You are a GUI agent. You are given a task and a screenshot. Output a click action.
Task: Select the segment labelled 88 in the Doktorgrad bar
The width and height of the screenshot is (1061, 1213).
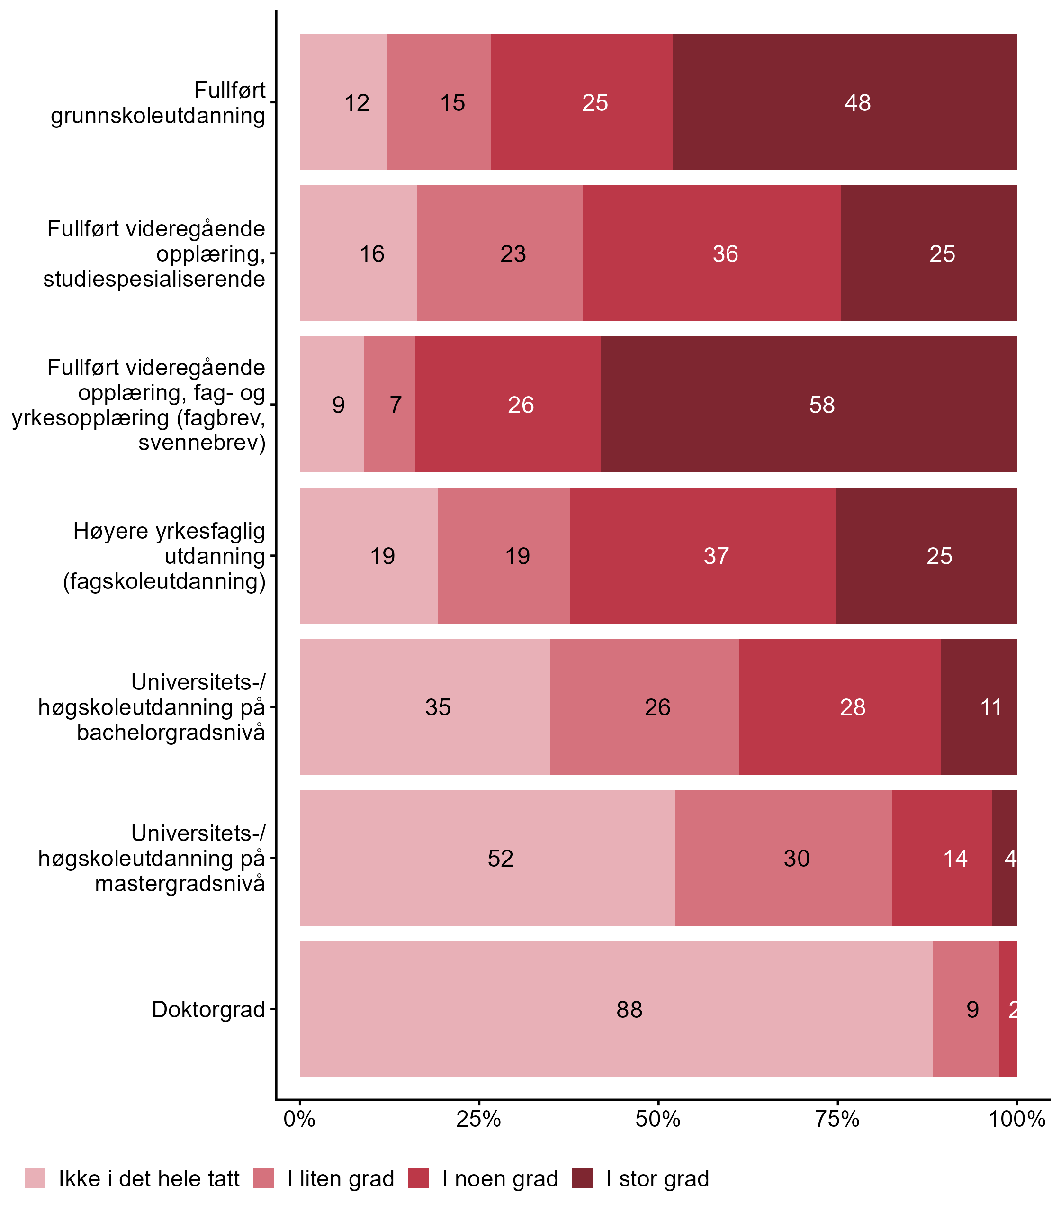click(x=616, y=1009)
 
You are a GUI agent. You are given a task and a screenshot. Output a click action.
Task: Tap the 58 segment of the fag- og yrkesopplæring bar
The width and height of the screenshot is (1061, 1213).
click(x=809, y=405)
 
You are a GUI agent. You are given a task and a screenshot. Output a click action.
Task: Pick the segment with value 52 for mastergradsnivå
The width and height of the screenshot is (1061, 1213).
click(x=487, y=858)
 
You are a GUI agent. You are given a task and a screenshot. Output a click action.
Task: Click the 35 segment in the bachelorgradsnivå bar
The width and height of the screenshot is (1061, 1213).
click(x=424, y=707)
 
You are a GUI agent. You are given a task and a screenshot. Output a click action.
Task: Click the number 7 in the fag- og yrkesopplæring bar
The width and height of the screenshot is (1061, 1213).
click(x=396, y=405)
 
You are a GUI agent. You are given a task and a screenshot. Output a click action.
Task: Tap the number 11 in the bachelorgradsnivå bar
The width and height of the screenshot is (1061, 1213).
click(x=990, y=707)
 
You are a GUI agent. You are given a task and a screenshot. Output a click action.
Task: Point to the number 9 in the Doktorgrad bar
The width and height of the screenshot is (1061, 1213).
click(x=972, y=1009)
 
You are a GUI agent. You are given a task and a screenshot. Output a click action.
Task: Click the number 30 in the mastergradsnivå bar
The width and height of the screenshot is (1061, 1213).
click(x=796, y=858)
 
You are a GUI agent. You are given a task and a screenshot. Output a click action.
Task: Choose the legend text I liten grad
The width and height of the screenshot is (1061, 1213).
click(x=341, y=1179)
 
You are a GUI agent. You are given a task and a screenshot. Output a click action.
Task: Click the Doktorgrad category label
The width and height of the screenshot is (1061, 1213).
click(x=208, y=1009)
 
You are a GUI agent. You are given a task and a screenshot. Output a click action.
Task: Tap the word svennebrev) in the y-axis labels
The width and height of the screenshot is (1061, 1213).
click(x=202, y=443)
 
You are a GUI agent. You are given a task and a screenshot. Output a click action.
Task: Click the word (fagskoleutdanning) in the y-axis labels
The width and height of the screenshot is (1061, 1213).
click(x=164, y=581)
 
